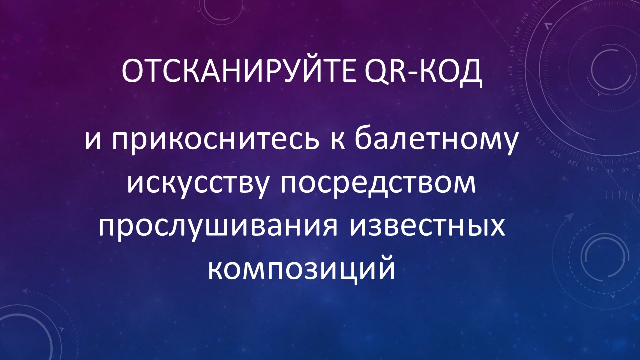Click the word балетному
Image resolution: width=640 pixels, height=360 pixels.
pyautogui.click(x=436, y=140)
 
